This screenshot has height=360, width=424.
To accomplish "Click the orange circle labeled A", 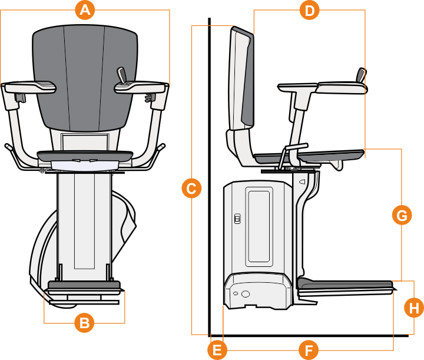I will pos(85,10).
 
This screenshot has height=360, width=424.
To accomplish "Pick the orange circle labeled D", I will pos(309,10).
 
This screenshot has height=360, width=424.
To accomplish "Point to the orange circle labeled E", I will pos(217,350).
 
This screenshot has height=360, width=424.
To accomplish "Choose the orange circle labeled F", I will pos(308,350).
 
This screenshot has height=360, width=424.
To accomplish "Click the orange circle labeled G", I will pos(402,216).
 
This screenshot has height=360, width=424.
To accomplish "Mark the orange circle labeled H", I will pos(415,307).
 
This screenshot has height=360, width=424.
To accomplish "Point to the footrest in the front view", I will pos(84,289).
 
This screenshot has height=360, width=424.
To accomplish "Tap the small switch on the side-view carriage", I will pos(237,219).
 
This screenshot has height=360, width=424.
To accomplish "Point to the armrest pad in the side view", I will pos(342,88).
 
